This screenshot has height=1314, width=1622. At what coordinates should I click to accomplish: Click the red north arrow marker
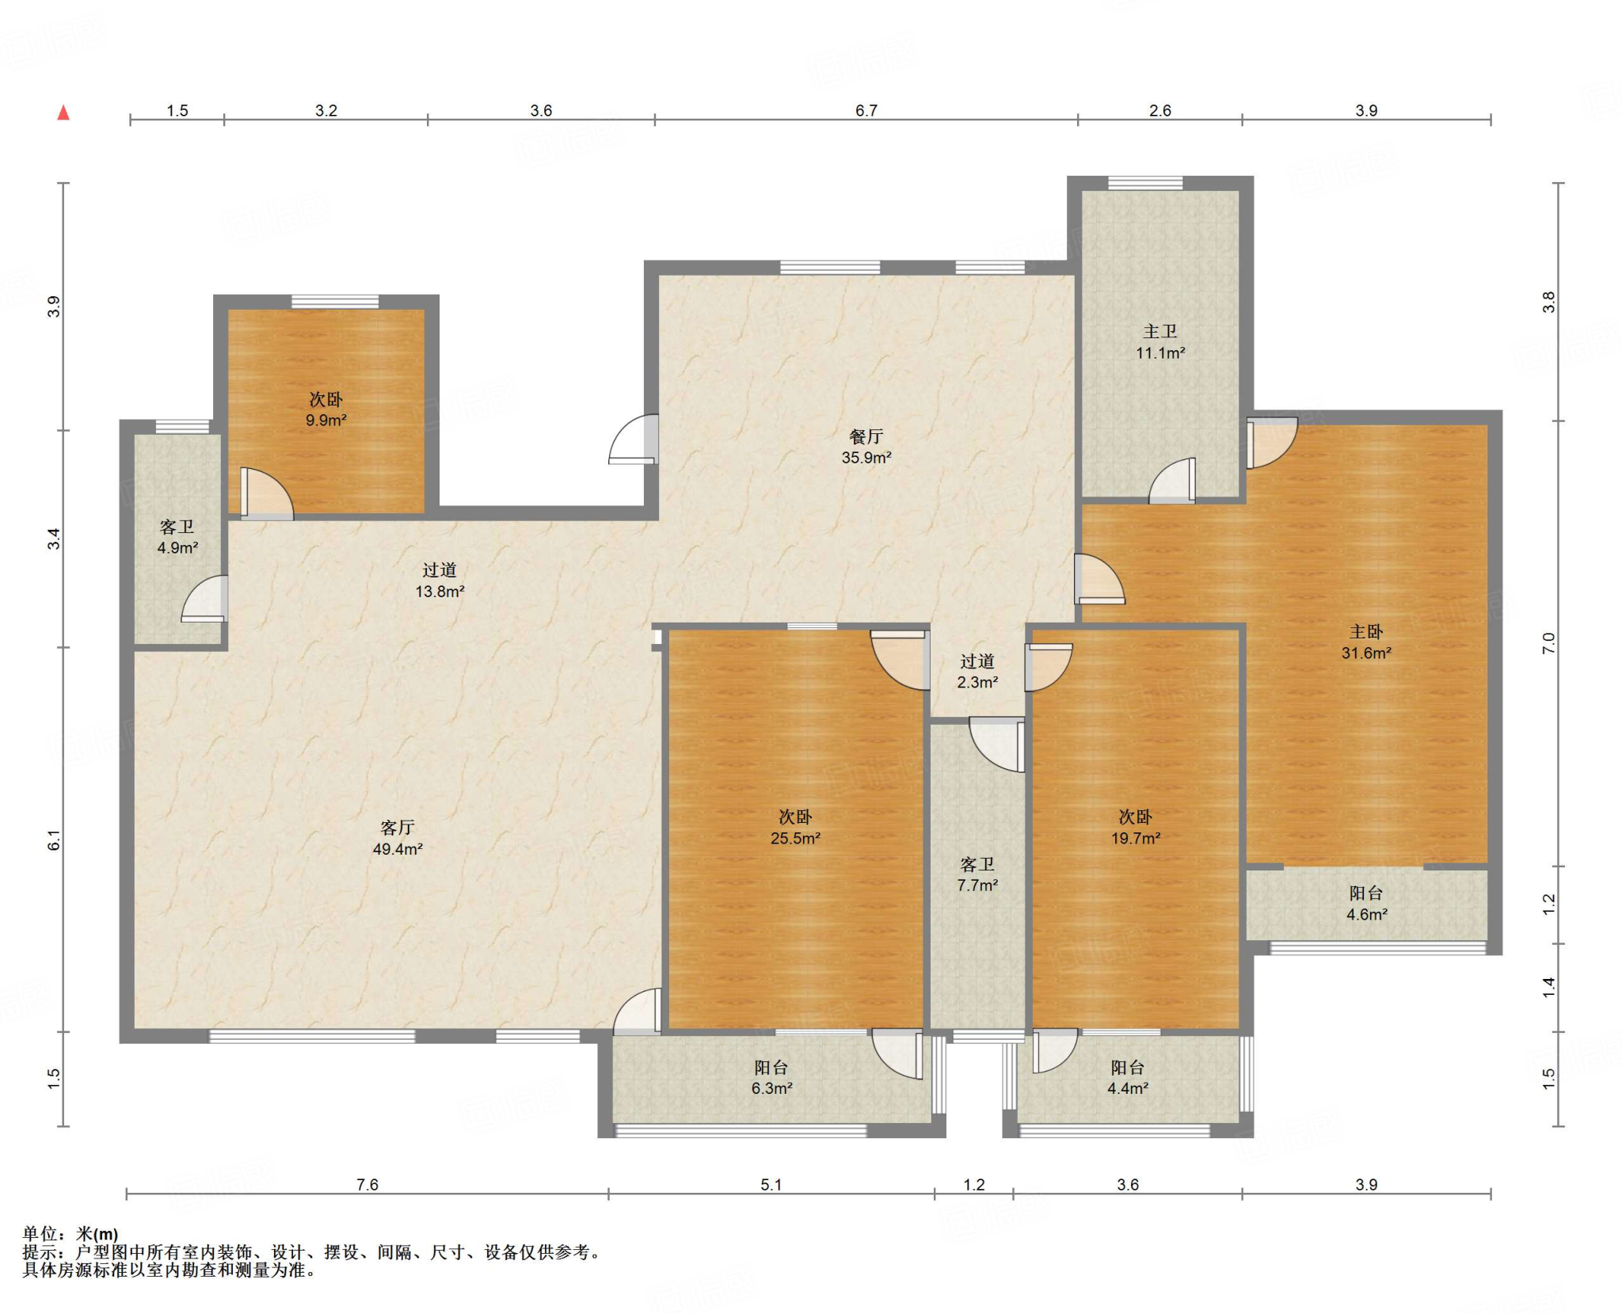click(63, 112)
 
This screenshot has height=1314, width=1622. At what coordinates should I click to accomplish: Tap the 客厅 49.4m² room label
click(398, 838)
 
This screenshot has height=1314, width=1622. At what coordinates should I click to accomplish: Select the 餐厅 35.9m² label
click(866, 447)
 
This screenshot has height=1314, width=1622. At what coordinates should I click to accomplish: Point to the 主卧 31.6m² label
click(1366, 642)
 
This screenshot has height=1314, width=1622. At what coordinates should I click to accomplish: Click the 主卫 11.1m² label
click(1160, 342)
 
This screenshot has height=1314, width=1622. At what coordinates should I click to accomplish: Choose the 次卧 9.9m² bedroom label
click(326, 409)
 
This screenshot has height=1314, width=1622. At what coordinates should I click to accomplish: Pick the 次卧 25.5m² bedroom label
click(795, 828)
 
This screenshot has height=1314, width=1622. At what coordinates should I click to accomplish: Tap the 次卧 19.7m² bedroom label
click(1136, 828)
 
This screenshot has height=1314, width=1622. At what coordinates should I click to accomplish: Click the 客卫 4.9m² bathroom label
click(177, 537)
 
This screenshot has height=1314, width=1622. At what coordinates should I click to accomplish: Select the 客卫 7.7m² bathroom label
click(977, 874)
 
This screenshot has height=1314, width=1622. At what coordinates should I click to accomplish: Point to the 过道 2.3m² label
click(977, 672)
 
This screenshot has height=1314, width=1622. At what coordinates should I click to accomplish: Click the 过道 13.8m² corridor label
click(440, 581)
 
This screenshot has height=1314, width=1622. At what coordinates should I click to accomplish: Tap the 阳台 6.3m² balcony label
click(772, 1078)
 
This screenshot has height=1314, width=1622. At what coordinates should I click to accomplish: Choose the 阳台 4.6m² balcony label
click(1367, 904)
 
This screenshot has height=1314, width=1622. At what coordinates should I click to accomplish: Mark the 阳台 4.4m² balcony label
click(1128, 1078)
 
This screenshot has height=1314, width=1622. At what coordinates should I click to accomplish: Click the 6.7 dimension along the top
click(866, 111)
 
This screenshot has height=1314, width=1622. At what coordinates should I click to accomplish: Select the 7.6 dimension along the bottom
click(367, 1185)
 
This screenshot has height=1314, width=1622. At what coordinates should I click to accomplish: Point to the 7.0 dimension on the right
click(1549, 643)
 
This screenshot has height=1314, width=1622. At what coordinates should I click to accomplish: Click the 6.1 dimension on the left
click(54, 840)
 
